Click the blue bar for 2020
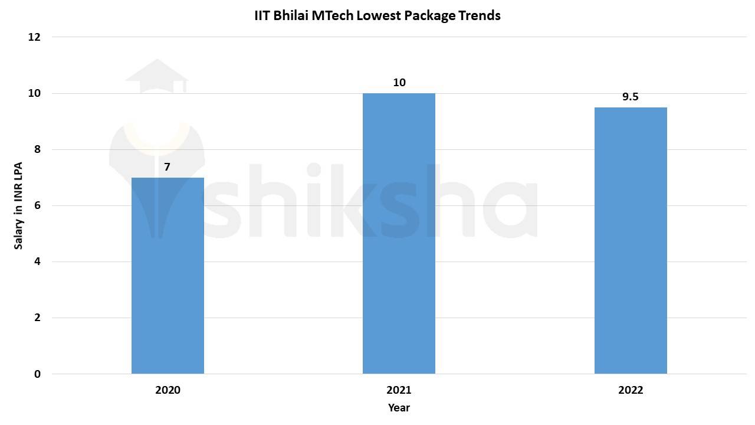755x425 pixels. pyautogui.click(x=168, y=276)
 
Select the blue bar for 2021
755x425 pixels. pyautogui.click(x=399, y=233)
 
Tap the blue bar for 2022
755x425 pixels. pyautogui.click(x=631, y=240)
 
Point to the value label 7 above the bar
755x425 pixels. pyautogui.click(x=168, y=167)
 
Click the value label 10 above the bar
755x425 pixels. pyautogui.click(x=399, y=83)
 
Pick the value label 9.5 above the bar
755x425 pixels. pyautogui.click(x=631, y=97)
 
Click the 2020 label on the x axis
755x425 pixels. pyautogui.click(x=168, y=390)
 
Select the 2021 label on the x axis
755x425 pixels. pyautogui.click(x=399, y=390)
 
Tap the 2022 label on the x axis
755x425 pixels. pyautogui.click(x=631, y=390)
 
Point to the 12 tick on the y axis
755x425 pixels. pyautogui.click(x=34, y=37)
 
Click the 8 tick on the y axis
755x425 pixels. pyautogui.click(x=37, y=149)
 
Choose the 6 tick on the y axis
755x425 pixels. pyautogui.click(x=37, y=205)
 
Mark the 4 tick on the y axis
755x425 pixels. pyautogui.click(x=37, y=261)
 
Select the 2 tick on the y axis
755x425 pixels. pyautogui.click(x=37, y=318)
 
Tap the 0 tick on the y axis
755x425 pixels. pyautogui.click(x=37, y=374)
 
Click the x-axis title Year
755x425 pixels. pyautogui.click(x=399, y=408)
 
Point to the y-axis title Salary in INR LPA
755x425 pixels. pyautogui.click(x=18, y=205)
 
